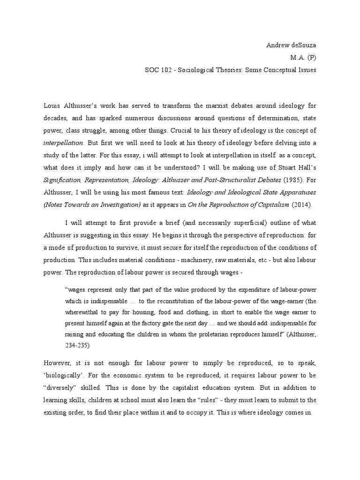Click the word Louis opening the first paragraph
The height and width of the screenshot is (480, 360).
[52, 106]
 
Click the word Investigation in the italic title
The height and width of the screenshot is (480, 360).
[119, 204]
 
